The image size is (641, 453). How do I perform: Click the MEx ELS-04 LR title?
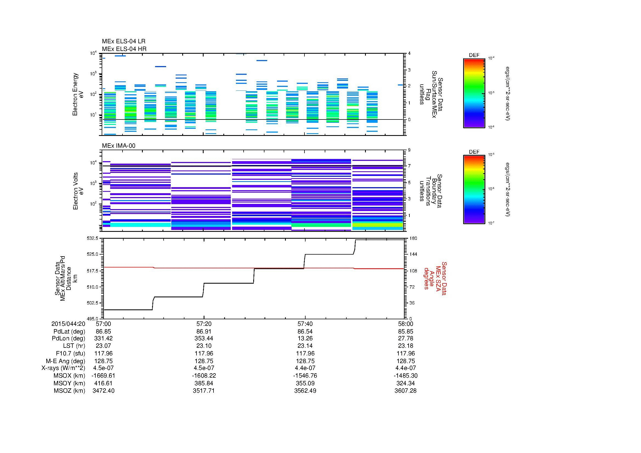point(123,41)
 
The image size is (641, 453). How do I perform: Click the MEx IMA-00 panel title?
point(119,146)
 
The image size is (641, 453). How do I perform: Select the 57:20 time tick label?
point(204,324)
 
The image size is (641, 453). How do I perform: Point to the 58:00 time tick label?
point(405,324)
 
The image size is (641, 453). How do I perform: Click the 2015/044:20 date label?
point(68,324)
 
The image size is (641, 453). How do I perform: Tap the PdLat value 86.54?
point(305,332)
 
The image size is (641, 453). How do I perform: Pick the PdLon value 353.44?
point(204,338)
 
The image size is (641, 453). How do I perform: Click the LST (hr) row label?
point(74,346)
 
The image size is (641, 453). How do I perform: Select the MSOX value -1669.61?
point(104,376)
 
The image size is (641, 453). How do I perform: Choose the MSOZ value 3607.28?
point(405,391)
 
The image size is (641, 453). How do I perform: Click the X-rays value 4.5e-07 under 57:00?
point(104,368)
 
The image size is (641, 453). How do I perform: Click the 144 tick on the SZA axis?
point(413,254)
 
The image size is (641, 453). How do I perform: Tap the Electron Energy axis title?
point(78,94)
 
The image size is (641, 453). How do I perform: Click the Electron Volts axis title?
point(78,191)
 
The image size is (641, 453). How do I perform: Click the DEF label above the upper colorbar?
point(474,55)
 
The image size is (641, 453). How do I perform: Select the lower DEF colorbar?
point(474,190)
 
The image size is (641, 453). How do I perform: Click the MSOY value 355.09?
point(305,383)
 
